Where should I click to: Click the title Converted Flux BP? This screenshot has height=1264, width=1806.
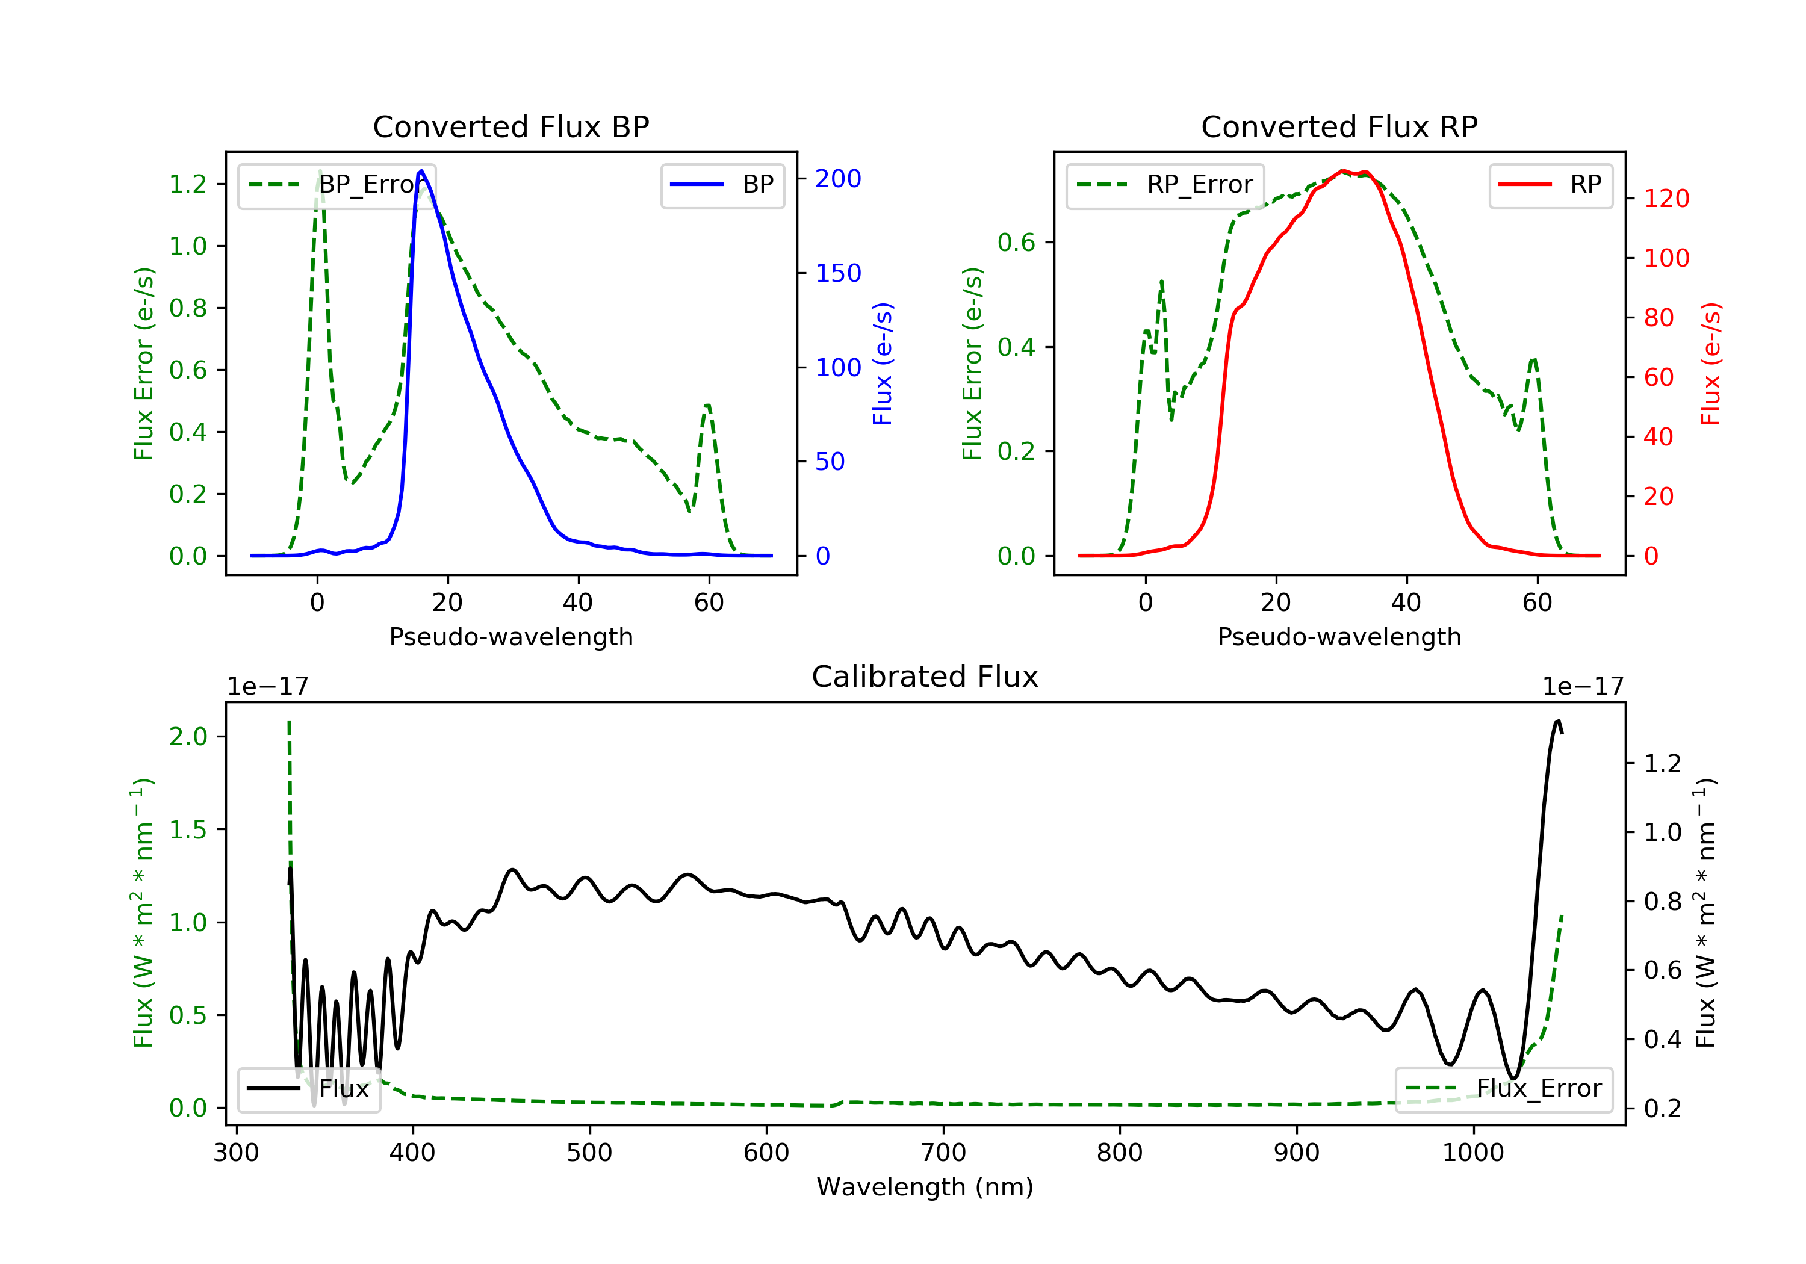tap(510, 126)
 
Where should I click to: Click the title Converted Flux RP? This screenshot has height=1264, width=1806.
tap(1339, 126)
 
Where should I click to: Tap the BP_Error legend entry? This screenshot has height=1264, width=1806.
tap(338, 185)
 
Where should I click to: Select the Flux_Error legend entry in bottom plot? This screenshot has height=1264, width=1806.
tap(1503, 1089)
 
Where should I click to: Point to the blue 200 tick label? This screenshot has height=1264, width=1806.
tap(838, 179)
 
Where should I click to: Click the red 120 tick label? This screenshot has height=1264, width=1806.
tap(1666, 198)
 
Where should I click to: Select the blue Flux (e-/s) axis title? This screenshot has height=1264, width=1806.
tap(883, 364)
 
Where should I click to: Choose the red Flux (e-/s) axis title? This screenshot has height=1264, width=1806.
tap(1711, 364)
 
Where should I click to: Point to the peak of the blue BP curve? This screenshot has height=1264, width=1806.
tap(421, 171)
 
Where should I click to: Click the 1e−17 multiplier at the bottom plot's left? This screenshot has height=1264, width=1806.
tap(267, 687)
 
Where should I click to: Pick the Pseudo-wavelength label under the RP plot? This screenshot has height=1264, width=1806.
tap(1339, 636)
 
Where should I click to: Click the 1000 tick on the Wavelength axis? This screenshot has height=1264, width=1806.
tap(1472, 1153)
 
